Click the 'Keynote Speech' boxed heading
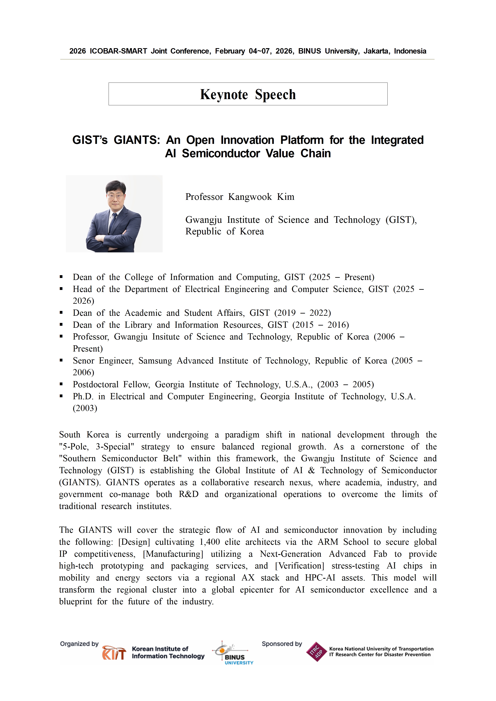click(x=248, y=94)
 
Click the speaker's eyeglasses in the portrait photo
click(x=116, y=196)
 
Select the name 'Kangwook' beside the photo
click(x=250, y=197)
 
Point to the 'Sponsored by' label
click(x=281, y=644)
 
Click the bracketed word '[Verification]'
click(x=299, y=566)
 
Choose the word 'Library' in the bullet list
click(x=138, y=325)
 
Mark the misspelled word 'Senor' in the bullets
click(x=83, y=361)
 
